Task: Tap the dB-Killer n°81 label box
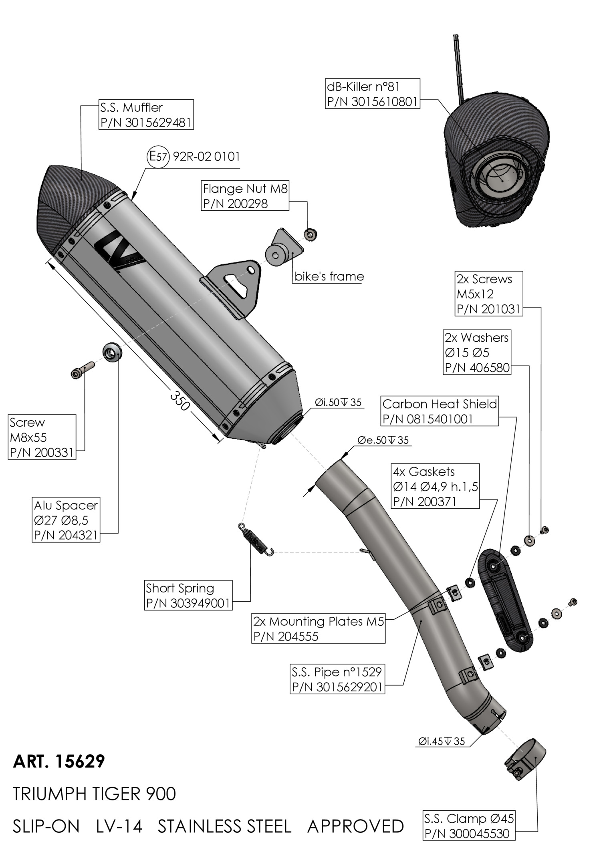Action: coord(372,94)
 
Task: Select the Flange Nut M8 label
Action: coord(245,196)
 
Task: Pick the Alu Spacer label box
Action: coord(66,520)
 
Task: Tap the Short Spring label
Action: coord(188,595)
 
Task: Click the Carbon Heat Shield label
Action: coord(440,411)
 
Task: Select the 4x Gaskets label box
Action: coord(435,486)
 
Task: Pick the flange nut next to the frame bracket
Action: coord(309,235)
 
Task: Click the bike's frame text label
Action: coord(329,276)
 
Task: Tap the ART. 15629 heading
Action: coord(59,761)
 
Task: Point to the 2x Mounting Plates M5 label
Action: coord(319,628)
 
